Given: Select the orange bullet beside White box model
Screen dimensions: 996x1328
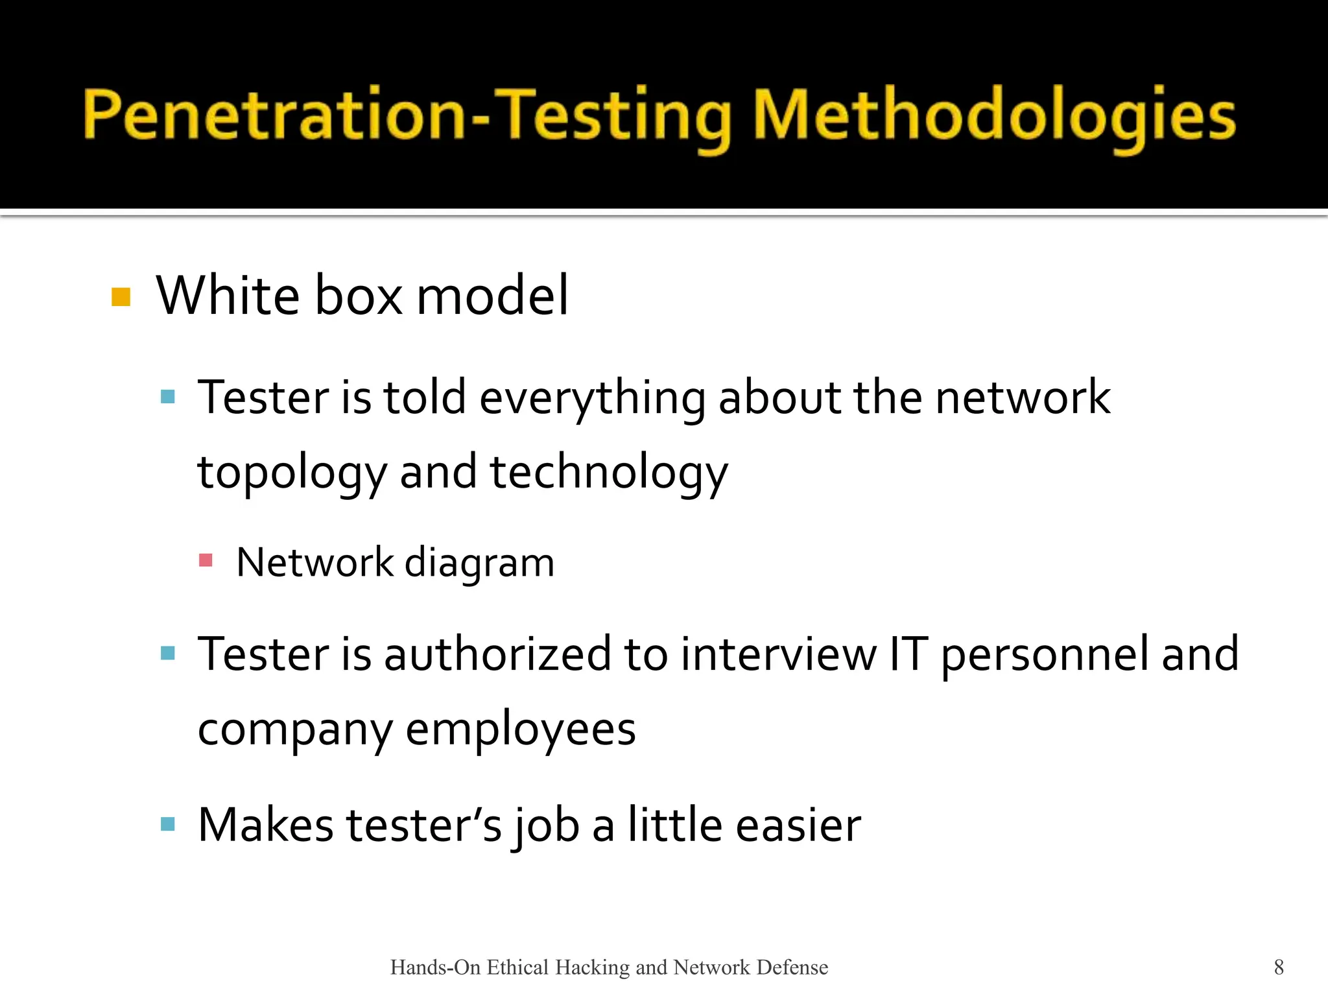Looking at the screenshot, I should pyautogui.click(x=121, y=297).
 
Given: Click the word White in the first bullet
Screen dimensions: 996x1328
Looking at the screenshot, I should pyautogui.click(x=228, y=296).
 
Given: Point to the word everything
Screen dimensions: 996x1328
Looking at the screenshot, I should pyautogui.click(x=592, y=398).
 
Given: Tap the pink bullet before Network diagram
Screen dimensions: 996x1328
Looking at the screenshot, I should pyautogui.click(x=206, y=560).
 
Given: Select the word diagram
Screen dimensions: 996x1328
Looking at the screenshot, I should pyautogui.click(x=480, y=563).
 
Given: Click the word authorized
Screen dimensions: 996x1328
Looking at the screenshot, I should pyautogui.click(x=497, y=654).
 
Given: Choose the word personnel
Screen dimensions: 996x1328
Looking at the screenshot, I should pyautogui.click(x=1045, y=655).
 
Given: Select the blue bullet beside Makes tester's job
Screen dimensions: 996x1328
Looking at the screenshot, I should pyautogui.click(x=168, y=824).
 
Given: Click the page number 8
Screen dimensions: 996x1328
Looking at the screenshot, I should pyautogui.click(x=1279, y=967).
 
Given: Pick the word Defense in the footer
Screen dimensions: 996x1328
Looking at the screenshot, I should pyautogui.click(x=792, y=967).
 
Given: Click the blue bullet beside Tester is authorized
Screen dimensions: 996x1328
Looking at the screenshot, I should pyautogui.click(x=168, y=653).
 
